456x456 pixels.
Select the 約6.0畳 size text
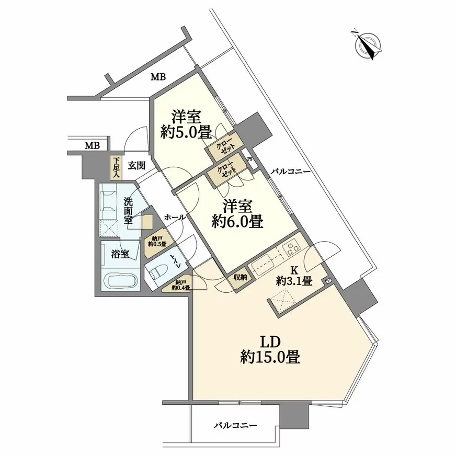[237, 222]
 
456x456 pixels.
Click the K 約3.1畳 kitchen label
[294, 276]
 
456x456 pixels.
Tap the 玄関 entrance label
[136, 166]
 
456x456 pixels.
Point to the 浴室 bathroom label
[120, 254]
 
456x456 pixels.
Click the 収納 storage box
[240, 277]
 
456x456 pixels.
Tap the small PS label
[250, 159]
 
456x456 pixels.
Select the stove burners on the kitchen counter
[291, 249]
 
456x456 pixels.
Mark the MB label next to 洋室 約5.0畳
[158, 77]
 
